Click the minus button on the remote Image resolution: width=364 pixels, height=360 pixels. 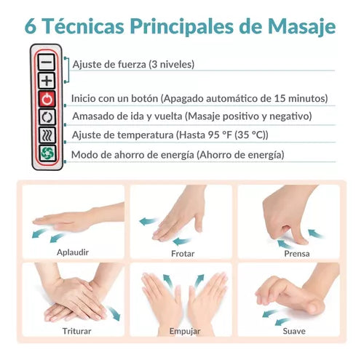click(x=47, y=63)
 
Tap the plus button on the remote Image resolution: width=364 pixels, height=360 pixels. click(x=47, y=81)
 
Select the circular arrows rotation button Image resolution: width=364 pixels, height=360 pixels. click(x=47, y=117)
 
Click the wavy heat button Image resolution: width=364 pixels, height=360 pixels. click(x=47, y=135)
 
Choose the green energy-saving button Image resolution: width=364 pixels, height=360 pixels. click(x=47, y=153)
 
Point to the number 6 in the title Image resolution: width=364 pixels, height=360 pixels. click(x=31, y=26)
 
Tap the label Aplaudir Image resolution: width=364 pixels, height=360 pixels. click(x=73, y=252)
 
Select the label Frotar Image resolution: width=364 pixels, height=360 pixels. click(x=183, y=254)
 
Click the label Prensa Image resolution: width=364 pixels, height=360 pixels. click(x=297, y=254)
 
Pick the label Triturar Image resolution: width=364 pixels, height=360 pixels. click(x=76, y=331)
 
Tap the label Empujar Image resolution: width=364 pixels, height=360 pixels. click(x=185, y=331)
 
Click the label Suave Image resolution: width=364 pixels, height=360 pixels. click(x=294, y=331)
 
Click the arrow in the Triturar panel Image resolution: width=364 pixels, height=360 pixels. click(x=114, y=313)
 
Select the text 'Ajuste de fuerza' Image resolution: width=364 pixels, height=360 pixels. click(x=109, y=64)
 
